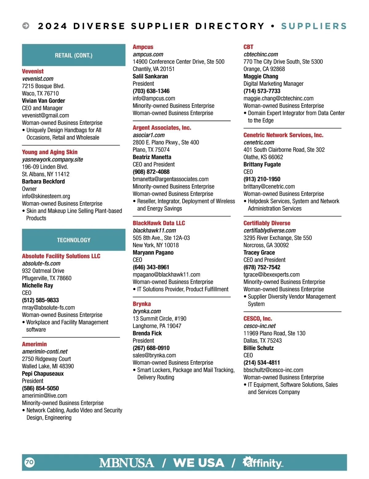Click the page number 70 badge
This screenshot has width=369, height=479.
click(x=30, y=462)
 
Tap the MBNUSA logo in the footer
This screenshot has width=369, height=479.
click(x=126, y=463)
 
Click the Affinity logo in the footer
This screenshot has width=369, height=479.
click(x=263, y=462)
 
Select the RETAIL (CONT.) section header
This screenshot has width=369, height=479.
click(x=73, y=55)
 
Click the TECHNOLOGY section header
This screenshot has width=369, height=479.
click(x=73, y=240)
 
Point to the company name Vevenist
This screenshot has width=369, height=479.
click(x=33, y=71)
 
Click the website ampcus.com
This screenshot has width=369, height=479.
click(x=148, y=54)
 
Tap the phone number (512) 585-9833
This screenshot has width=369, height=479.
click(x=40, y=300)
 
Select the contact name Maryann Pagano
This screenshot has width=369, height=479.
click(x=153, y=252)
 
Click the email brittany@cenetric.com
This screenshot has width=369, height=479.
click(x=269, y=186)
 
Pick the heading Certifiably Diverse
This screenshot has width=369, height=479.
click(x=267, y=223)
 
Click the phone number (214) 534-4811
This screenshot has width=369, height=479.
click(x=261, y=362)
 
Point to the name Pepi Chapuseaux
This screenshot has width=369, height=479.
click(x=43, y=374)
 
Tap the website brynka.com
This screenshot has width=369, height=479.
click(x=147, y=311)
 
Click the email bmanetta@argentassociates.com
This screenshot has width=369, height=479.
click(x=170, y=179)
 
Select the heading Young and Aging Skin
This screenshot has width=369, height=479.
click(x=50, y=152)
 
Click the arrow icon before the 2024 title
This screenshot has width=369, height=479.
click(x=26, y=26)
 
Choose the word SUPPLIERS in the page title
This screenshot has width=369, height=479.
click(x=314, y=26)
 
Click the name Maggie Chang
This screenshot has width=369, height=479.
click(x=260, y=76)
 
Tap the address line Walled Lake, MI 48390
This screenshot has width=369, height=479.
click(x=48, y=366)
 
